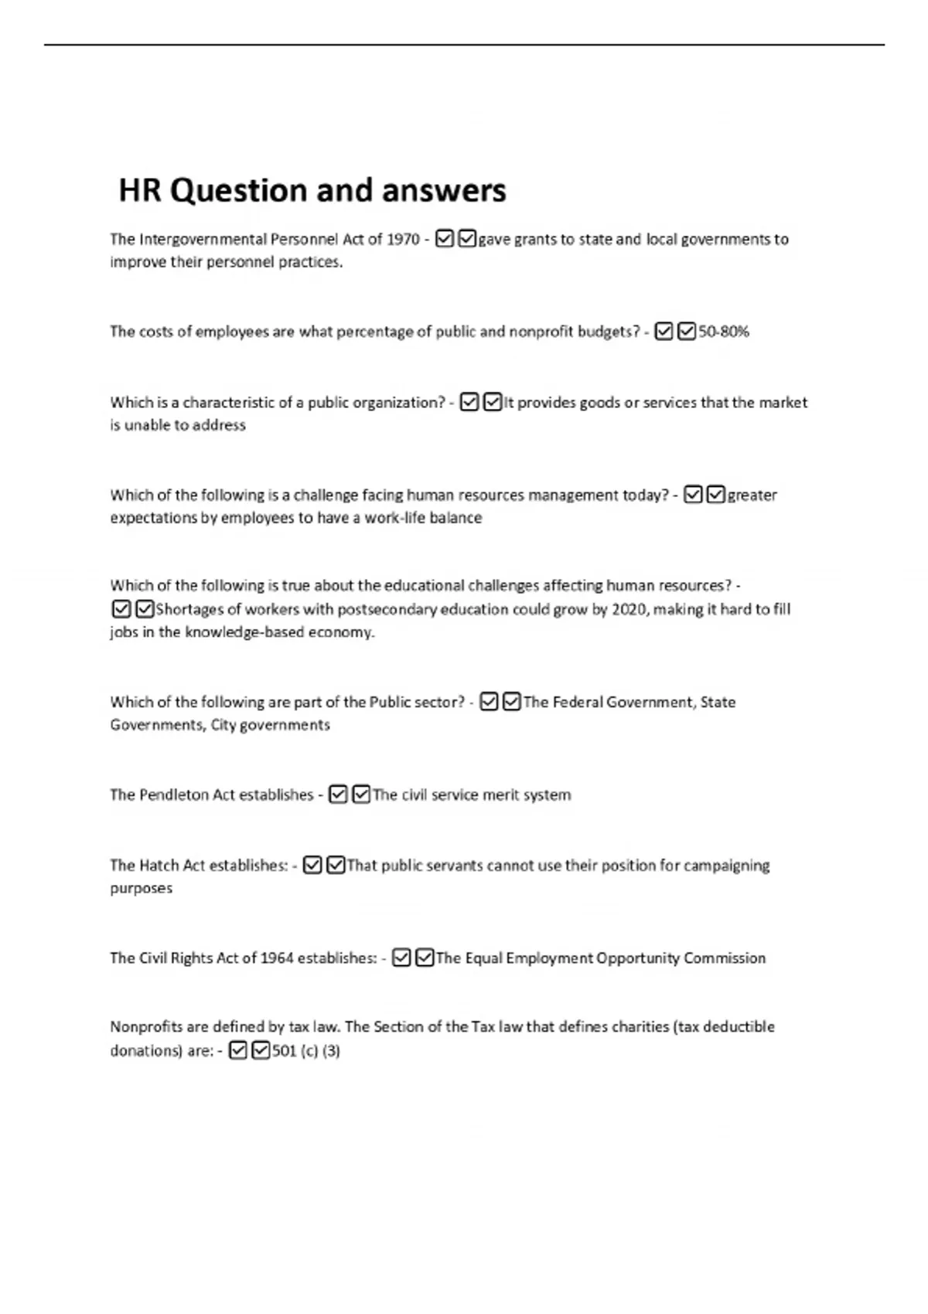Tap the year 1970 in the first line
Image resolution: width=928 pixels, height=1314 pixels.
point(403,240)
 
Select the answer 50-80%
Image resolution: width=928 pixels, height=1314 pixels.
point(724,332)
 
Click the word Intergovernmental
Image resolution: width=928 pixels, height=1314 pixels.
point(202,240)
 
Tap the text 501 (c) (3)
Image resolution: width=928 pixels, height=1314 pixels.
point(306,1051)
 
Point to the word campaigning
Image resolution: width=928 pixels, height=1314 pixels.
point(725,866)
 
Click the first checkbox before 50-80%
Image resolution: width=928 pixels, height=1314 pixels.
point(664,332)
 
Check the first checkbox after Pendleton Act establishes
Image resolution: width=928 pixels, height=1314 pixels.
point(338,795)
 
